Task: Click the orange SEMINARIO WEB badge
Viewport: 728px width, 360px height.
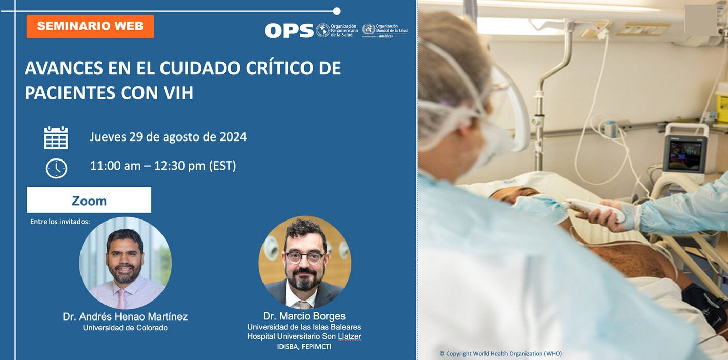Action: pyautogui.click(x=90, y=26)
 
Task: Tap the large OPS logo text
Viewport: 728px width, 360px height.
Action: pyautogui.click(x=289, y=31)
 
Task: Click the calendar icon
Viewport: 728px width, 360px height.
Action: pyautogui.click(x=56, y=137)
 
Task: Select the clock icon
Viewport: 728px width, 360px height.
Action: pyautogui.click(x=56, y=168)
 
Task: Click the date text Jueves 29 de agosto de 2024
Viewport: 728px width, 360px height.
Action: pyautogui.click(x=168, y=137)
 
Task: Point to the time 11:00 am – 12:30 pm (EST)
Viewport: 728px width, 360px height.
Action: pyautogui.click(x=163, y=166)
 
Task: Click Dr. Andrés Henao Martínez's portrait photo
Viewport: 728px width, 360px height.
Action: pyautogui.click(x=125, y=263)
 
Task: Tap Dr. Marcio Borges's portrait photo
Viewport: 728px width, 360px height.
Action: pyautogui.click(x=305, y=262)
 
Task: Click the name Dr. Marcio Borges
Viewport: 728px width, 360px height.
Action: pyautogui.click(x=304, y=316)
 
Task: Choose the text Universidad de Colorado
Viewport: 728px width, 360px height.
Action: pyautogui.click(x=125, y=328)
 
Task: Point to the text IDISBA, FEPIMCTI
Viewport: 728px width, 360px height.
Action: pyautogui.click(x=304, y=347)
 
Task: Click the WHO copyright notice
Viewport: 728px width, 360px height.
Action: pyautogui.click(x=500, y=353)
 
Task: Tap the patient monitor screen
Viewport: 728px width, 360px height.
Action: pyautogui.click(x=684, y=153)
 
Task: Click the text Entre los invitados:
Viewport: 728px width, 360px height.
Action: pyautogui.click(x=60, y=222)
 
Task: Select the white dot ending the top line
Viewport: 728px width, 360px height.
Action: pyautogui.click(x=337, y=11)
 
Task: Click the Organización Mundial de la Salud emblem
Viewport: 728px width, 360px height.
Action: pyautogui.click(x=369, y=29)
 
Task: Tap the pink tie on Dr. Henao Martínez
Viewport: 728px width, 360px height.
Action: pyautogui.click(x=120, y=297)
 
